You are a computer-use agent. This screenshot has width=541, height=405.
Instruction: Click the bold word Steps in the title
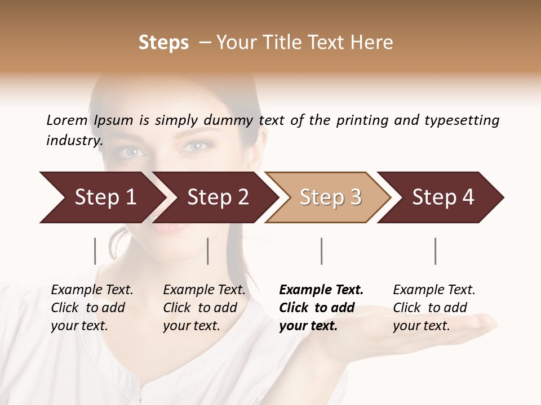click(163, 43)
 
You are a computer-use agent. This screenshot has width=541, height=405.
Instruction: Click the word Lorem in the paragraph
click(67, 120)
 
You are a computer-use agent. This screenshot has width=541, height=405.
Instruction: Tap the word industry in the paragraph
click(74, 140)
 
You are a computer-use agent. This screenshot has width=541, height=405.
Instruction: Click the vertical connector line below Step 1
click(95, 251)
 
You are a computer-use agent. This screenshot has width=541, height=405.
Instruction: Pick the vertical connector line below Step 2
click(208, 251)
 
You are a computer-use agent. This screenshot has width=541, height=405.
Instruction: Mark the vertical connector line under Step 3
click(322, 251)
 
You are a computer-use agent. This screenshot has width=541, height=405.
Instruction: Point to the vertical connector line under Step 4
click(436, 251)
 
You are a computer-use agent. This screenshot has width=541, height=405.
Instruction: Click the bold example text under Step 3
click(320, 308)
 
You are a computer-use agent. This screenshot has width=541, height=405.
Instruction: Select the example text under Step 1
click(91, 308)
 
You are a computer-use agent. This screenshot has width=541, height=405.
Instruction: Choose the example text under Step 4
click(433, 308)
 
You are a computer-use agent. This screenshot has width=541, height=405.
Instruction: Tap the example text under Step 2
click(203, 308)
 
